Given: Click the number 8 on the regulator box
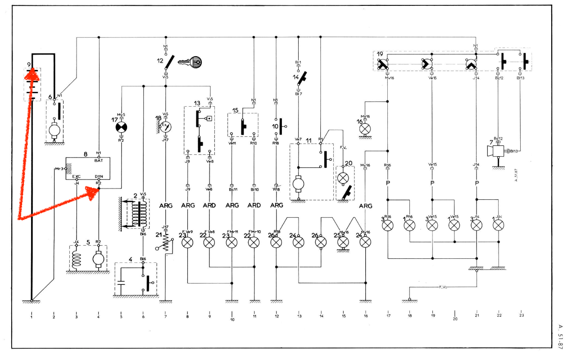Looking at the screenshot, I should click(86, 154).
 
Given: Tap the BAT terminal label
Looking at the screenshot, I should click(99, 160).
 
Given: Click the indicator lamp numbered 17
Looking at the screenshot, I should click(121, 128).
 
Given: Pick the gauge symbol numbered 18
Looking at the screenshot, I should click(166, 127).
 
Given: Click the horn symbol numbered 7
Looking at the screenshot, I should click(497, 149).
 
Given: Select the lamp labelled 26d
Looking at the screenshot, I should click(276, 243).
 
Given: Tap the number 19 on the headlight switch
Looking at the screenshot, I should click(380, 54).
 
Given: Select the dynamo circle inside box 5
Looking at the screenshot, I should click(98, 260).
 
